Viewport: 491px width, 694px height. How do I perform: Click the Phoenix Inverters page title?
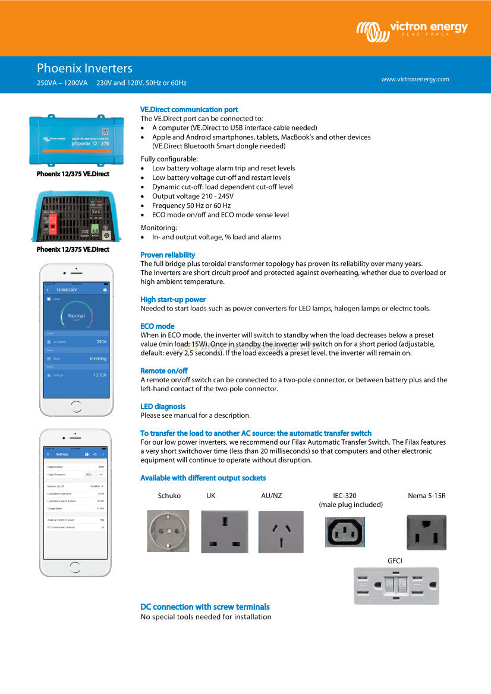84,68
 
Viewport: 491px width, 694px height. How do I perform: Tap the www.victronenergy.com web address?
415,79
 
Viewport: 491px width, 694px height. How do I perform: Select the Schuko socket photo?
168,531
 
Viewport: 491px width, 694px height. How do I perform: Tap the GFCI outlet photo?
396,585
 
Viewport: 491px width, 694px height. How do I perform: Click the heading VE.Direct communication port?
189,110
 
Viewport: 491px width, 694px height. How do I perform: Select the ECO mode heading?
158,327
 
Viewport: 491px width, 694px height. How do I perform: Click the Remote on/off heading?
164,371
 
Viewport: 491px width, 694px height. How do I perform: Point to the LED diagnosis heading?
163,407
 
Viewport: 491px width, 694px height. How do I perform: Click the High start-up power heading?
173,300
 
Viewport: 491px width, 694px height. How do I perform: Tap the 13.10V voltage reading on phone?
100,375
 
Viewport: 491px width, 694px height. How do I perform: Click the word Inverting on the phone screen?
98,359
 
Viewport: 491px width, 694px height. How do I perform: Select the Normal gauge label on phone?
76,315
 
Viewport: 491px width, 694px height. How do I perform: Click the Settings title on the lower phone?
62,454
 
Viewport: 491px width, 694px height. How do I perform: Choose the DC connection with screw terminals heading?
205,607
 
